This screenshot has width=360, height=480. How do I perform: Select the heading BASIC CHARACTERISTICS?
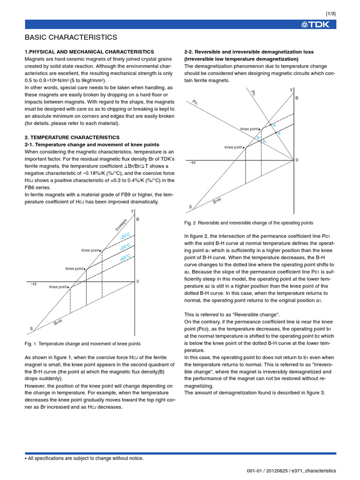[x=71, y=37]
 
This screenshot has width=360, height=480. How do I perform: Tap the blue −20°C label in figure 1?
[x=125, y=236]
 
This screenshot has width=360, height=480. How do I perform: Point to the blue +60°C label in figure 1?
[x=125, y=258]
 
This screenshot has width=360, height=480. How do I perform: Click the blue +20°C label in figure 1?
[x=125, y=247]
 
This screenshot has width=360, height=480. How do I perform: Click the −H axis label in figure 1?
[x=33, y=284]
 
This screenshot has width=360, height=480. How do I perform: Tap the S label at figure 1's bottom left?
[x=31, y=329]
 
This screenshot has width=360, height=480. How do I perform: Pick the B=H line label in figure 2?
[x=217, y=201]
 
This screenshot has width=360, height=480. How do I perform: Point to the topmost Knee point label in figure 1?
[x=91, y=250]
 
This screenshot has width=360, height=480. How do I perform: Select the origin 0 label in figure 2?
[x=297, y=160]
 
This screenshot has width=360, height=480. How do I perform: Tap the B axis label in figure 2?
[x=296, y=98]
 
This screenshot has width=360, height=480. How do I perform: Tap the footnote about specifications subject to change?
[x=84, y=458]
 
